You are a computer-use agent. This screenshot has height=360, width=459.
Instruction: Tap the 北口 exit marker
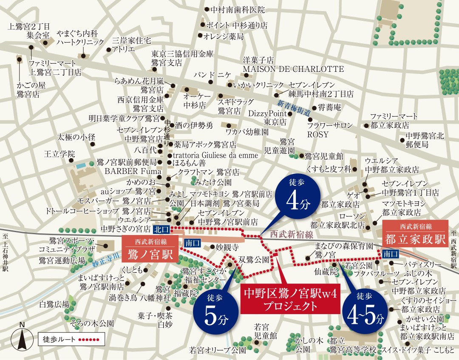point(161,230)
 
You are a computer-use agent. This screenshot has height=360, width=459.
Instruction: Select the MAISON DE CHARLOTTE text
point(293,69)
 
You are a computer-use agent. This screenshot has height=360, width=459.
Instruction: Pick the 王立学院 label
point(59,153)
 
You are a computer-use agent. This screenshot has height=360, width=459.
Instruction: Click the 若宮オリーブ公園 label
point(218,351)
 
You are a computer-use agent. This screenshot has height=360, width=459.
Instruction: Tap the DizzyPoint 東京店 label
point(267,118)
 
